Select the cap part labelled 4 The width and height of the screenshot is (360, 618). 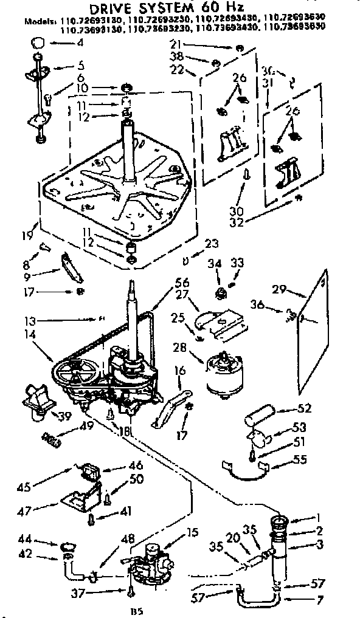38,43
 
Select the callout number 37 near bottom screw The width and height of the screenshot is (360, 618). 93,591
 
